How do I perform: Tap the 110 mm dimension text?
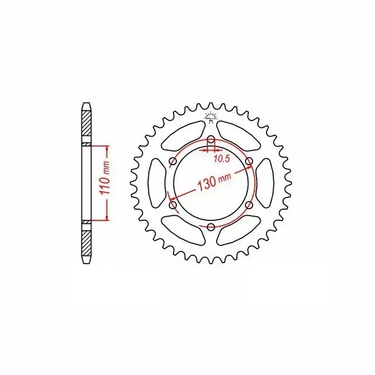click(105, 178)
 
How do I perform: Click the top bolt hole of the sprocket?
click(211, 139)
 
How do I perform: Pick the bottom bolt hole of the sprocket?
click(211, 227)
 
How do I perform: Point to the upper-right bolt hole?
click(249, 161)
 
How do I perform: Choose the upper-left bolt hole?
click(173, 161)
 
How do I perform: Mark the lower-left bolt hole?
click(173, 205)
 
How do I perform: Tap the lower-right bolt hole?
click(249, 205)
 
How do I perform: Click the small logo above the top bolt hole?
click(211, 118)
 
